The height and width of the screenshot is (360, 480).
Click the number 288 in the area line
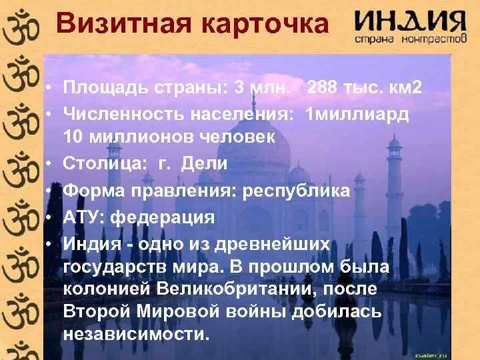(325, 88)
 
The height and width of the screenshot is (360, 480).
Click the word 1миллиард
(356, 113)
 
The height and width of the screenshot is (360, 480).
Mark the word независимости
(136, 333)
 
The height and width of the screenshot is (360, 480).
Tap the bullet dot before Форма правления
(51, 192)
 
